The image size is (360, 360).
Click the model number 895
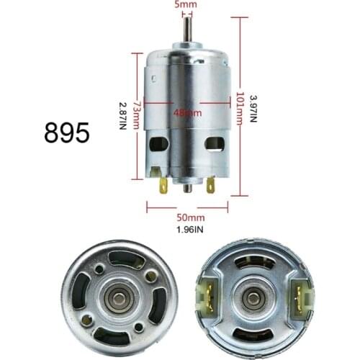click(67, 132)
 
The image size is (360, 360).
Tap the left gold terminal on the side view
click(163, 185)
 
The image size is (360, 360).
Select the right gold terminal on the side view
click(210, 185)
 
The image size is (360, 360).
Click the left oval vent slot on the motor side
click(157, 144)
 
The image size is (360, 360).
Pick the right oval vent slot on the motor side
click(215, 144)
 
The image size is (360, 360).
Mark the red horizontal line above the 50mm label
click(186, 206)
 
